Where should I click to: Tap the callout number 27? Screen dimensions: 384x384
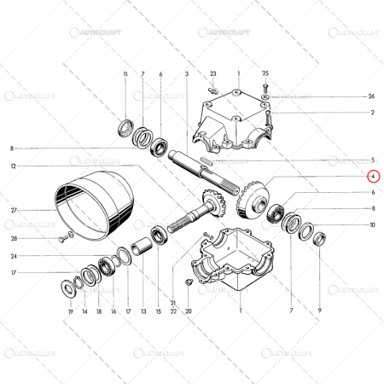(14, 209)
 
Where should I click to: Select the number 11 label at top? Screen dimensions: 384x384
(125, 75)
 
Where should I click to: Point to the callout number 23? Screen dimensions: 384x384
(213, 75)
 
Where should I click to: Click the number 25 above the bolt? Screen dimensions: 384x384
(265, 75)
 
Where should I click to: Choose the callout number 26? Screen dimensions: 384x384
(371, 96)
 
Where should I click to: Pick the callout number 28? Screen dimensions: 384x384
(14, 238)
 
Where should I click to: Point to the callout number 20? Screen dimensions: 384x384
(189, 312)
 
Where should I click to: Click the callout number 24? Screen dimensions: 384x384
(14, 256)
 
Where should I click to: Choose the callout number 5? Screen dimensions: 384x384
(371, 160)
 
